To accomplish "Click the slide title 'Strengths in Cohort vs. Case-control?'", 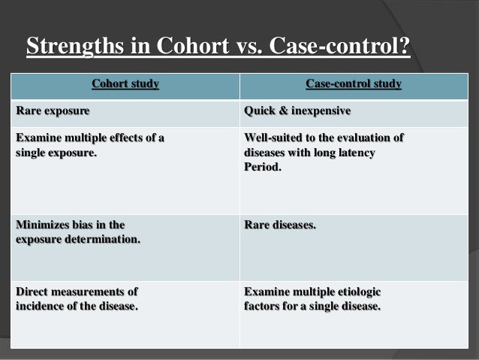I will (218, 47).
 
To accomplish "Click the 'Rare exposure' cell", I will (53, 111).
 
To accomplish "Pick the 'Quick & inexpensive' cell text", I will (297, 111).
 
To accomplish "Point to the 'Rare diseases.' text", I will (280, 224).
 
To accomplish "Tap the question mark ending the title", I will (404, 47).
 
